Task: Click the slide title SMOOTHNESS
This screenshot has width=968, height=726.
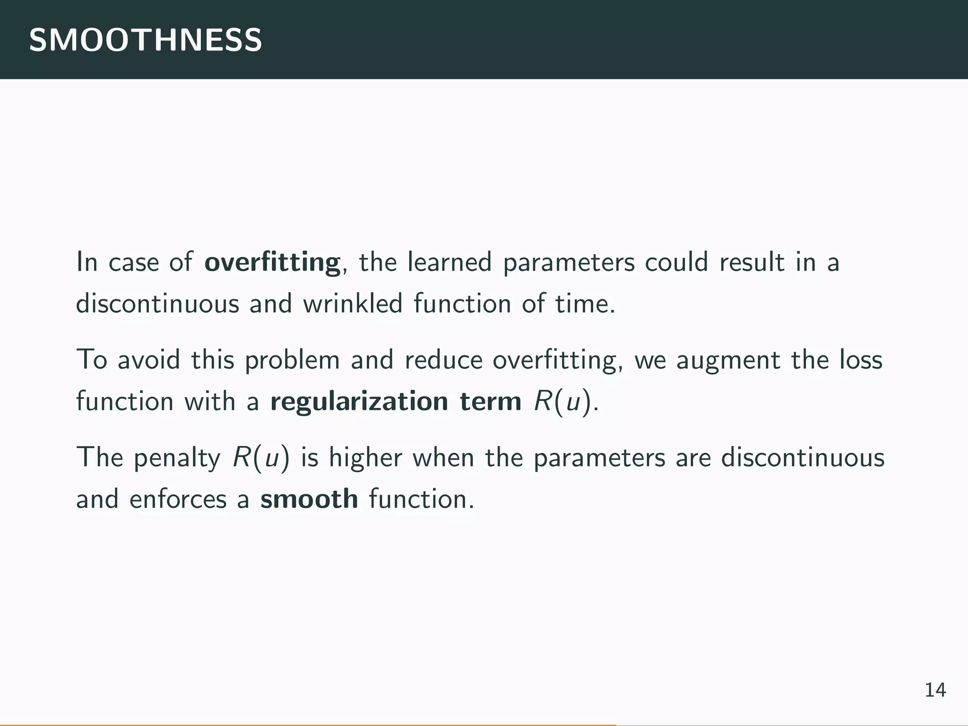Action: [x=146, y=40]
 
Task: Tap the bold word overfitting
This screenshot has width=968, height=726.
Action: [x=272, y=262]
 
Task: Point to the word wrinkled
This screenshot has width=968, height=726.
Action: [x=353, y=303]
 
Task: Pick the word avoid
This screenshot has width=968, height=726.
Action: [x=149, y=360]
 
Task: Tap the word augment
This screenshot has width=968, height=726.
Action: [x=728, y=361]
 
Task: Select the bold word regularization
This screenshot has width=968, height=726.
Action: [x=359, y=402]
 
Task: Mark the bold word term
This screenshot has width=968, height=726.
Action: [x=491, y=401]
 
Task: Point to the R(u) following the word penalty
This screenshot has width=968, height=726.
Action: [x=261, y=458]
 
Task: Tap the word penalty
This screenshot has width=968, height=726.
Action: [x=177, y=458]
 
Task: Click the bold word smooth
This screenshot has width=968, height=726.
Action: [x=309, y=499]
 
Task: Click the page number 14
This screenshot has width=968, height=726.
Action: [x=935, y=690]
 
